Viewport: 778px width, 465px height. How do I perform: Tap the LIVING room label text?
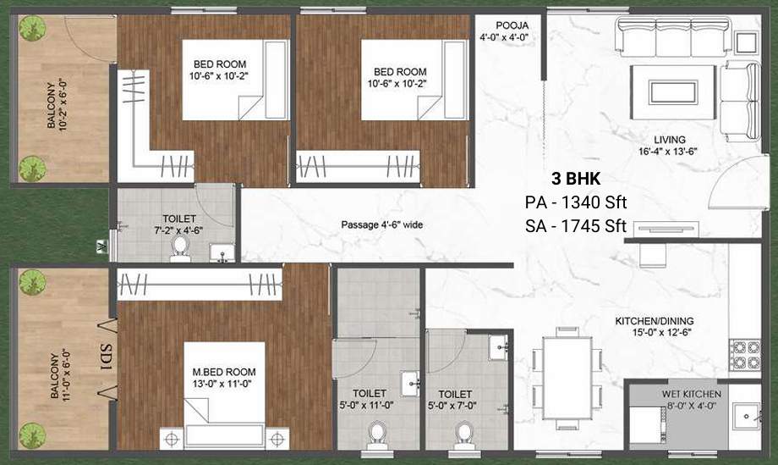(669, 140)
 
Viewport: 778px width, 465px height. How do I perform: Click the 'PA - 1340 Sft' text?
(575, 202)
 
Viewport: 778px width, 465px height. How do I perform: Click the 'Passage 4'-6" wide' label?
(381, 225)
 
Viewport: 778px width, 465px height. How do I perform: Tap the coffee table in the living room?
(672, 91)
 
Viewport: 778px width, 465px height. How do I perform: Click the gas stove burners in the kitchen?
(744, 356)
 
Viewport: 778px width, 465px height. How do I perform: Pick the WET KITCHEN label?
(692, 395)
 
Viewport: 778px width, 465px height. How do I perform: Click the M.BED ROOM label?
(224, 372)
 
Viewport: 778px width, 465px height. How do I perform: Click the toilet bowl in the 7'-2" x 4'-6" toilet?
(179, 246)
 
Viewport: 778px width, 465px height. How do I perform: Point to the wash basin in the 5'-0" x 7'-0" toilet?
(498, 345)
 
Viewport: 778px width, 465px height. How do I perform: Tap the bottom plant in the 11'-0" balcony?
(32, 435)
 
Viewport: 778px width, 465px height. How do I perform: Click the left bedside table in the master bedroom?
(172, 439)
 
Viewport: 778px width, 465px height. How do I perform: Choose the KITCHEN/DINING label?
(654, 320)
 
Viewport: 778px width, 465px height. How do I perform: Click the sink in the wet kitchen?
(745, 418)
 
